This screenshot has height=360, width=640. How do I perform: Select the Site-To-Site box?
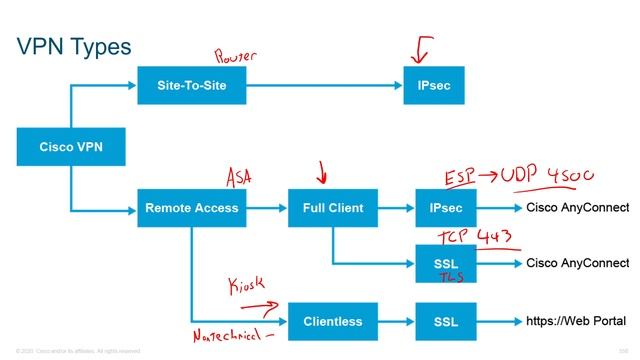[x=191, y=86]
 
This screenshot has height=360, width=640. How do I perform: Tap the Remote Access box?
[x=191, y=208]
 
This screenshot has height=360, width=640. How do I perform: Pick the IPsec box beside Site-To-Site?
[x=433, y=86]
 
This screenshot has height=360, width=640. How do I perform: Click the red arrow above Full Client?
[x=321, y=175]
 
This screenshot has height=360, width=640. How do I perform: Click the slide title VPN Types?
[x=75, y=47]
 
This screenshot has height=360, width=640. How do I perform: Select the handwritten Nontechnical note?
[x=232, y=338]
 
